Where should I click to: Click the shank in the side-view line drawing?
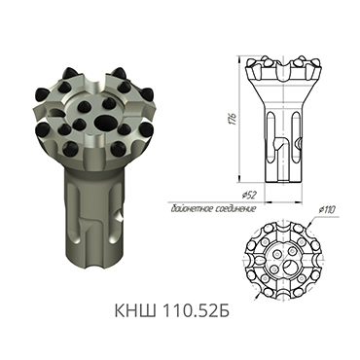(x=282, y=146)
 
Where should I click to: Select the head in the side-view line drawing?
(x=283, y=74)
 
